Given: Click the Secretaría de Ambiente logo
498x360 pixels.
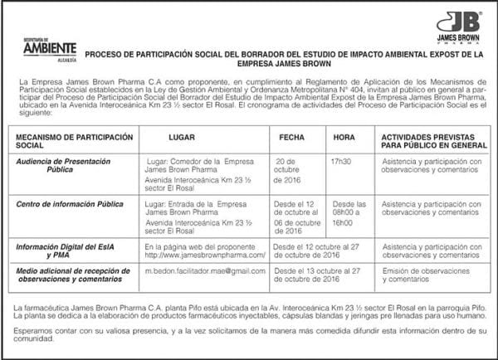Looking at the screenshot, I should click(x=49, y=50).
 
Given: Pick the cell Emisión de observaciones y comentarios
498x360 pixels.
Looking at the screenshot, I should click(x=425, y=275).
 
